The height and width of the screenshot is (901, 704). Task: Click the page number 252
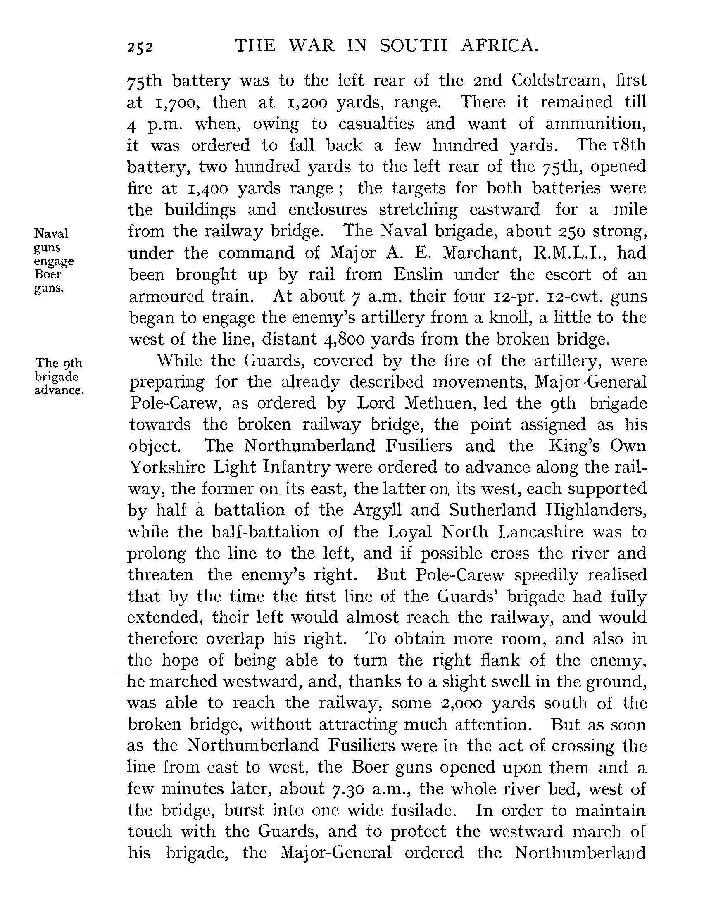pyautogui.click(x=140, y=48)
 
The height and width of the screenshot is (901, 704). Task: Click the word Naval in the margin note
pyautogui.click(x=51, y=234)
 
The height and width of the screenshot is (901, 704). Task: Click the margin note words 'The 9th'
pyautogui.click(x=59, y=363)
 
